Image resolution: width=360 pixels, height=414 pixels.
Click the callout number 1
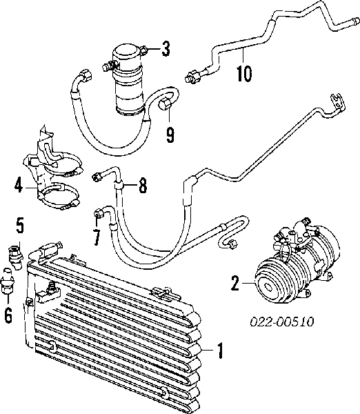(220, 351)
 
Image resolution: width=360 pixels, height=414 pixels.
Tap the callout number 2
(235, 284)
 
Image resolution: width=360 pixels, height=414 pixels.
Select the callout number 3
(166, 49)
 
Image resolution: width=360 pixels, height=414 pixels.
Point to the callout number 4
(19, 186)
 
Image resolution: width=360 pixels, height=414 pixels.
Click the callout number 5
(20, 226)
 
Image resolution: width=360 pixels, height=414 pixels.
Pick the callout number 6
(8, 315)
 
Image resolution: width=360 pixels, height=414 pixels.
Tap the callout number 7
(97, 237)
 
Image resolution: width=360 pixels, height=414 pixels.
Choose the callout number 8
(143, 185)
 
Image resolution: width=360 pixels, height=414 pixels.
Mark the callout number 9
(170, 135)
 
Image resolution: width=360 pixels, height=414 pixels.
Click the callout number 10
(244, 73)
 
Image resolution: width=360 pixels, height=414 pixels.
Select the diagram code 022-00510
(282, 322)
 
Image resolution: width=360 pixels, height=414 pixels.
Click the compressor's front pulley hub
(267, 287)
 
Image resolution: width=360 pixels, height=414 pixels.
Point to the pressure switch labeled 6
(7, 282)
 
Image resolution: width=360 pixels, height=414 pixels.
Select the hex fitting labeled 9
(165, 103)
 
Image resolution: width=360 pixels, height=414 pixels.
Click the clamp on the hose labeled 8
(119, 186)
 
